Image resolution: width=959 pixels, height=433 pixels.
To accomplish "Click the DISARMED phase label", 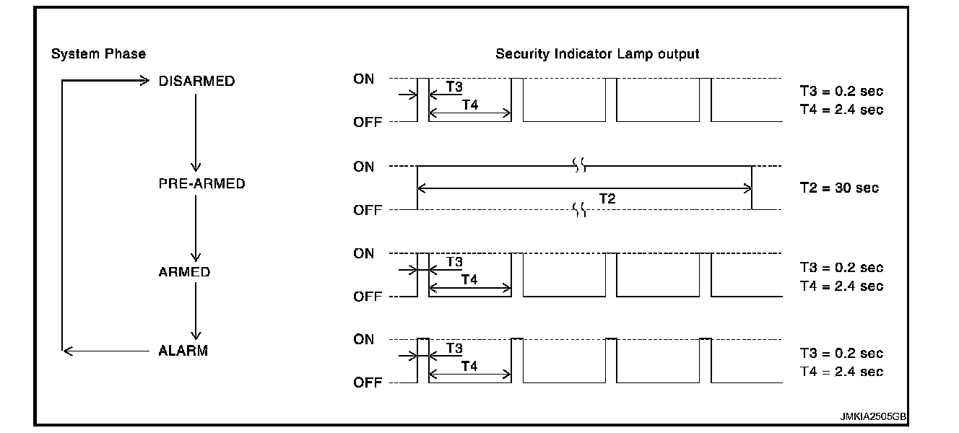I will pyautogui.click(x=196, y=81).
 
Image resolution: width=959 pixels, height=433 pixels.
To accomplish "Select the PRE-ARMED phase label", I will pyautogui.click(x=201, y=183).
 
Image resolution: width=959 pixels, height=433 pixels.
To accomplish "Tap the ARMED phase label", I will pyautogui.click(x=184, y=272).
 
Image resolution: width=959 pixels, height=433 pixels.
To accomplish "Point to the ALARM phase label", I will pyautogui.click(x=183, y=351).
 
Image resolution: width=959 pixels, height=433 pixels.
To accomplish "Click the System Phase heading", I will pyautogui.click(x=98, y=54).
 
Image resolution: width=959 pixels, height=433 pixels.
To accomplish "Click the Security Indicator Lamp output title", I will pyautogui.click(x=597, y=54).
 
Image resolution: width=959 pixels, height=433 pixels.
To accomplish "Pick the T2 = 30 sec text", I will pyautogui.click(x=839, y=188).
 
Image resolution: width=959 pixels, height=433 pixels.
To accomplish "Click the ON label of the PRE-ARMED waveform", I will pyautogui.click(x=364, y=167).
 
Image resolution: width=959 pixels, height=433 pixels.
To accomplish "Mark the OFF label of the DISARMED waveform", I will pyautogui.click(x=367, y=122).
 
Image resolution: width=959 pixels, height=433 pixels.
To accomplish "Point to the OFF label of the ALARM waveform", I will pyautogui.click(x=367, y=382).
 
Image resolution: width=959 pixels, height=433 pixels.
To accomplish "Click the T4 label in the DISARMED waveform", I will pyautogui.click(x=469, y=105).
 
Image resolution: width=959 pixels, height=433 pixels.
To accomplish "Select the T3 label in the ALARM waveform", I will pyautogui.click(x=454, y=348).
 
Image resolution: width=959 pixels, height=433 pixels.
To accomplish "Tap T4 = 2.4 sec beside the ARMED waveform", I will pyautogui.click(x=841, y=286).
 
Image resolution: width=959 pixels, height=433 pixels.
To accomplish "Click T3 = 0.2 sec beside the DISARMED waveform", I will pyautogui.click(x=841, y=92).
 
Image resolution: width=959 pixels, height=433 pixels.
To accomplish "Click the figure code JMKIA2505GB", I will pyautogui.click(x=872, y=417).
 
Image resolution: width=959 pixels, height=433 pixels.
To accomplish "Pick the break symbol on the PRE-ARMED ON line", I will pyautogui.click(x=580, y=167).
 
